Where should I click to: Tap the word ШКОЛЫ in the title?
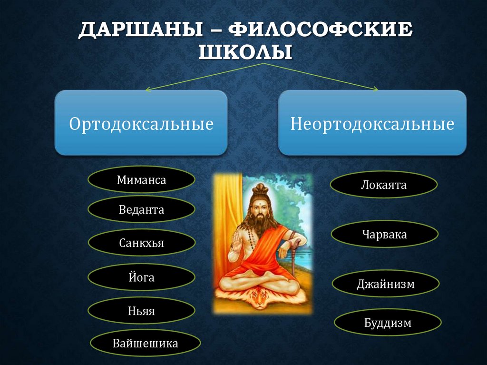tap(244, 51)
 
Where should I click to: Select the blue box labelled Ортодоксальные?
tap(141, 123)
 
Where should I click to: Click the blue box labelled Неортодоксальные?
tap(372, 123)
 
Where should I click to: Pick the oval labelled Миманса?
tap(141, 179)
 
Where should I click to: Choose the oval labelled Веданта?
tap(141, 210)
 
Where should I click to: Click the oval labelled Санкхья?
tap(141, 243)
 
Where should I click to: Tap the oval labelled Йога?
tap(141, 277)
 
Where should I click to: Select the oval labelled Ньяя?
tap(141, 311)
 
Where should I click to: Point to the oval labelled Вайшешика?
tap(145, 343)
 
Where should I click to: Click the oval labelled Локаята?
tap(383, 185)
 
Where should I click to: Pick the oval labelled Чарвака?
tap(384, 234)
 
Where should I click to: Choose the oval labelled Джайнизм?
tap(385, 284)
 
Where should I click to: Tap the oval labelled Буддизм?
tap(388, 323)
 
